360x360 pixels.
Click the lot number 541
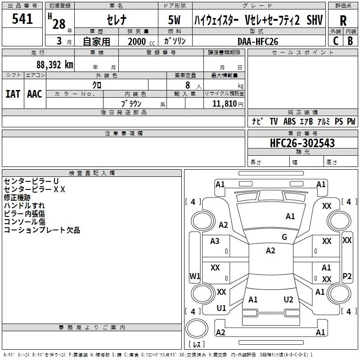22,19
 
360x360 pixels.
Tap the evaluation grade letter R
343,21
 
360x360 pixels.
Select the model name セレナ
116,20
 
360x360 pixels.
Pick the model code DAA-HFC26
258,41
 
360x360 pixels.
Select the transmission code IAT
13,94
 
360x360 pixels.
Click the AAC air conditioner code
34,94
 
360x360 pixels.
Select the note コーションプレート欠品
41,230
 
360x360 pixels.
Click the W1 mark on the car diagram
194,276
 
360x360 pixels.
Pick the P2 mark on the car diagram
347,276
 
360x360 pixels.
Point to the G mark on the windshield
284,237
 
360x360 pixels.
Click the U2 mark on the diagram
288,299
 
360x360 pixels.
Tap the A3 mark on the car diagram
215,241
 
